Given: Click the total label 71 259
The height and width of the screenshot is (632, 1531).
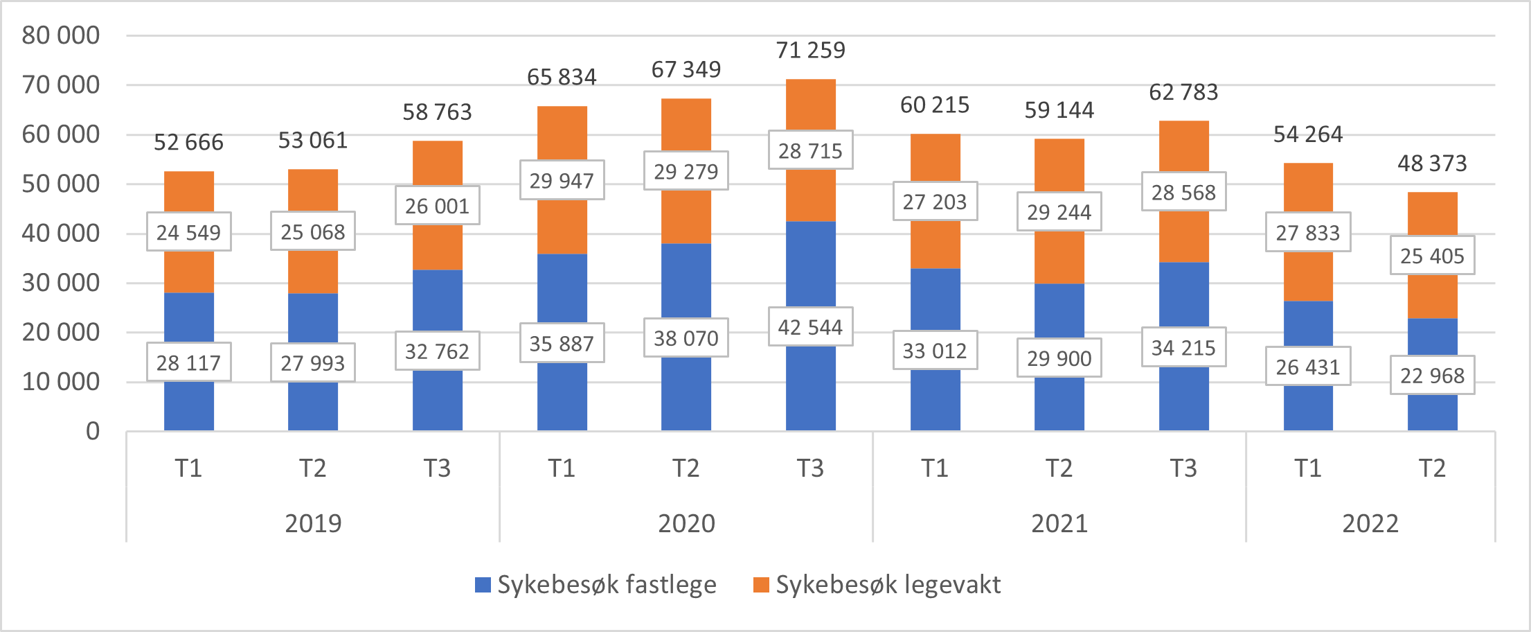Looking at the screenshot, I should pyautogui.click(x=810, y=51).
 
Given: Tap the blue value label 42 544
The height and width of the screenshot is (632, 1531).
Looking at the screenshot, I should pyautogui.click(x=810, y=327).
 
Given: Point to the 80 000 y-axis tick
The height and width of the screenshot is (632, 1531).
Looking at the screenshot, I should pyautogui.click(x=61, y=35).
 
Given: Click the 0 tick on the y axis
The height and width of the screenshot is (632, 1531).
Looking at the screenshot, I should pyautogui.click(x=92, y=432).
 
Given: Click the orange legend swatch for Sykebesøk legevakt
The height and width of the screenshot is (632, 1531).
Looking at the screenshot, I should pyautogui.click(x=761, y=585).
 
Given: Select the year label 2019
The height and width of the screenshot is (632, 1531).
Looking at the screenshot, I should pyautogui.click(x=313, y=523).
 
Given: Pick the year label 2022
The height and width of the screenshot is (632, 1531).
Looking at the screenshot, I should pyautogui.click(x=1370, y=523).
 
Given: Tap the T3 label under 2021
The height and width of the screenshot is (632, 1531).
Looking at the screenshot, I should pyautogui.click(x=1183, y=468).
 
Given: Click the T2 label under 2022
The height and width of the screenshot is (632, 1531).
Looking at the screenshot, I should pyautogui.click(x=1432, y=468).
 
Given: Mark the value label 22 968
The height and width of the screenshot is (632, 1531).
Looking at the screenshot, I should pyautogui.click(x=1432, y=376).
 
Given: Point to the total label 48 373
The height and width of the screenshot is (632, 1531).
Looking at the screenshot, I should pyautogui.click(x=1432, y=164).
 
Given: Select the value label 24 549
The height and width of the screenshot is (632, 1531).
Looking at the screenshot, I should pyautogui.click(x=188, y=232).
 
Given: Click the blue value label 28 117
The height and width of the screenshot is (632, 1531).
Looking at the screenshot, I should pyautogui.click(x=188, y=362).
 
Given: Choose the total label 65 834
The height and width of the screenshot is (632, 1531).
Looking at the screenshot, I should pyautogui.click(x=562, y=77).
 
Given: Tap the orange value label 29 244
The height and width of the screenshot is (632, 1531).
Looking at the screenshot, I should pyautogui.click(x=1059, y=212).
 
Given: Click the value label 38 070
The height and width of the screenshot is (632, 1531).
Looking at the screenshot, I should pyautogui.click(x=686, y=338).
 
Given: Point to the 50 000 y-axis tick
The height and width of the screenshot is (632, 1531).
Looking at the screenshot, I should pyautogui.click(x=61, y=184).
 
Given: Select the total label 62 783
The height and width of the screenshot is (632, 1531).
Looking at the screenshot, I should pyautogui.click(x=1183, y=92).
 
